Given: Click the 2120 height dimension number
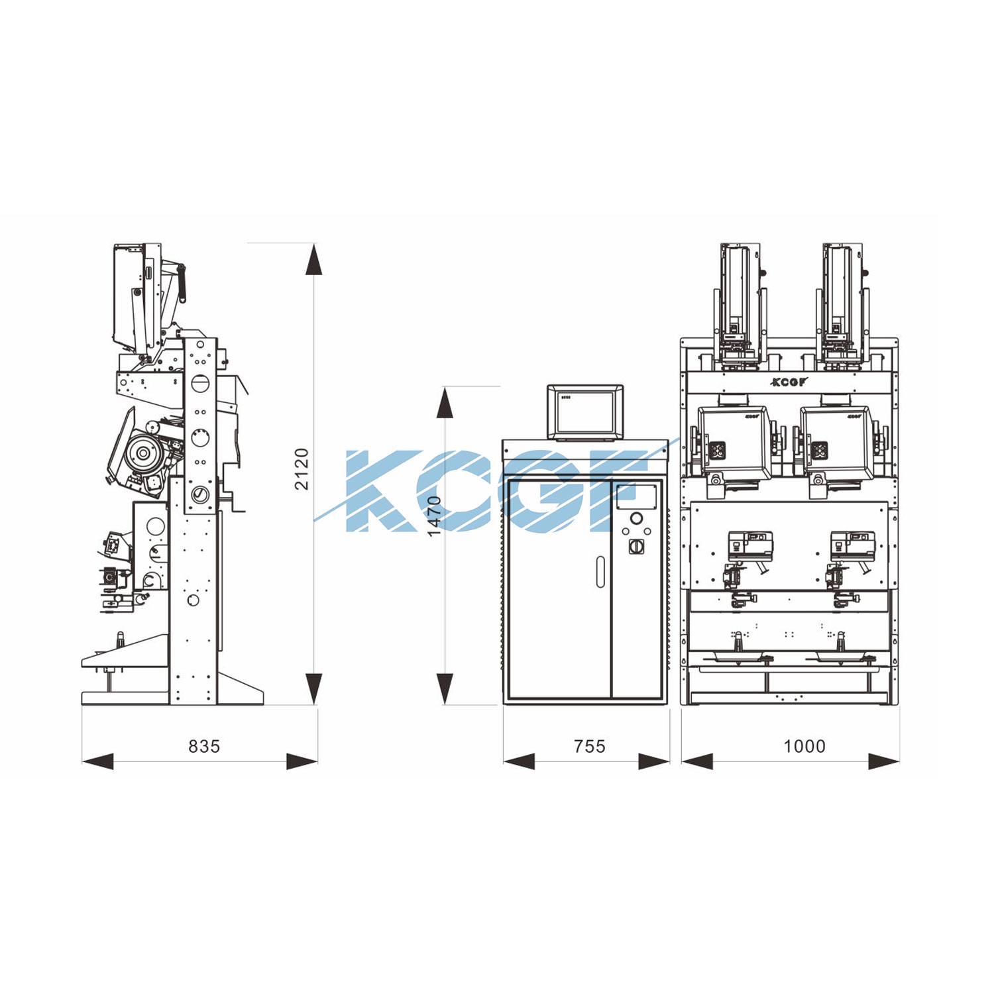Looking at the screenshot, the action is click(x=302, y=469).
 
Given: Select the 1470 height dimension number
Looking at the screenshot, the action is click(x=434, y=516).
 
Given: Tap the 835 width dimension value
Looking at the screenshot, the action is click(x=204, y=747).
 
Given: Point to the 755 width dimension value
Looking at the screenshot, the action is click(x=590, y=747).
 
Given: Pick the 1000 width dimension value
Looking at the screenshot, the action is click(x=804, y=747).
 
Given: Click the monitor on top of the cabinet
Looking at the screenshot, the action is click(x=585, y=412).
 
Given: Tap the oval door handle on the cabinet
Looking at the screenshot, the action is click(x=600, y=571).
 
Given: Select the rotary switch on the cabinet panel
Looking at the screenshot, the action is click(x=637, y=546).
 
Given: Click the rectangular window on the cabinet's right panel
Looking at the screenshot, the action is click(x=637, y=496).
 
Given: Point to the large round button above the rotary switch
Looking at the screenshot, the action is click(x=637, y=518).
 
